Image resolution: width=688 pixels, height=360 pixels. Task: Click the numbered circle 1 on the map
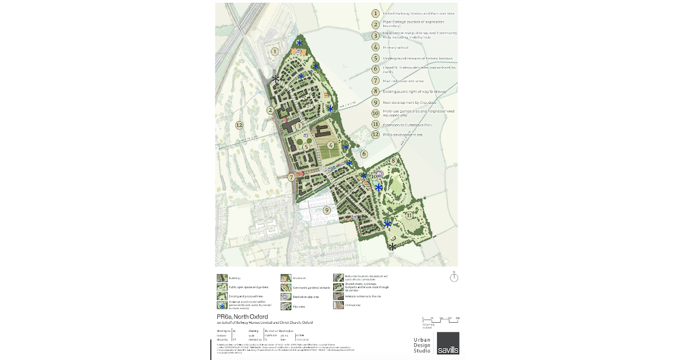point(275,51)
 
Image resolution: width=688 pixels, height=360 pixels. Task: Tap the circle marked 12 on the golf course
point(239,125)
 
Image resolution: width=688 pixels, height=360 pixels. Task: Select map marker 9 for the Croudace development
point(327,210)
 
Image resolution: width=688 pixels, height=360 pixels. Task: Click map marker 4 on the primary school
point(331,146)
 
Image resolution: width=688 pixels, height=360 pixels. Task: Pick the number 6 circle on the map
point(363,154)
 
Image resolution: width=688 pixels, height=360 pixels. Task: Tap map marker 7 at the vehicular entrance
point(292,178)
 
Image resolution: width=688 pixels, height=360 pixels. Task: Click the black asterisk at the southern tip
point(392,247)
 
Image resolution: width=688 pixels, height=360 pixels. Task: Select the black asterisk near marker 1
point(276,79)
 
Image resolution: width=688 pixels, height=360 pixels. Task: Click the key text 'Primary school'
point(396,48)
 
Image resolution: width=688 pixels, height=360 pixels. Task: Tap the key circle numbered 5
point(376,58)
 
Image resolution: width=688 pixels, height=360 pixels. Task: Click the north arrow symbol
point(454,277)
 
